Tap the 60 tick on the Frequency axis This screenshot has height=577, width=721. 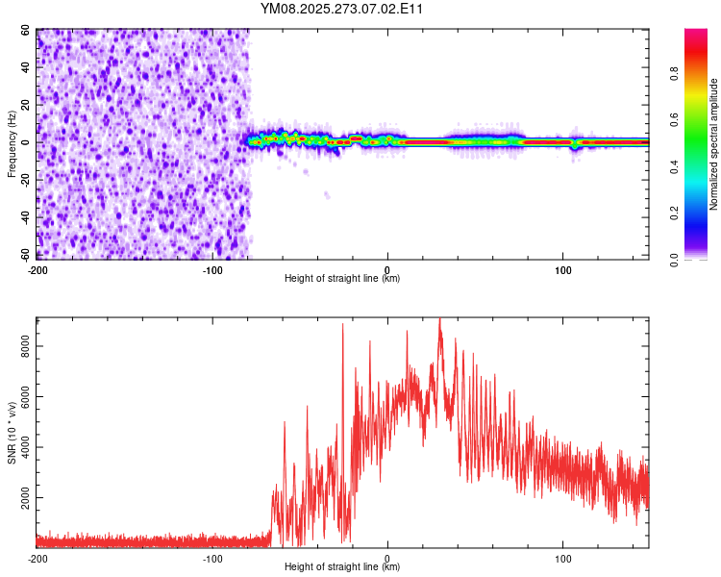point(27,31)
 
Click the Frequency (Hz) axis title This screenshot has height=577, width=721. point(12,144)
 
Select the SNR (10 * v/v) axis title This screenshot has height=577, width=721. point(12,433)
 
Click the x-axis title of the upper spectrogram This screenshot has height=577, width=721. point(342,278)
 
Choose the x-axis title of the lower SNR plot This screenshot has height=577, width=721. point(342,566)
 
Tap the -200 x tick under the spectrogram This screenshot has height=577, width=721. point(37,268)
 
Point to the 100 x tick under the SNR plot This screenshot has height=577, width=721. point(562,558)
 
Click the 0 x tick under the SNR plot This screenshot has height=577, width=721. point(387,558)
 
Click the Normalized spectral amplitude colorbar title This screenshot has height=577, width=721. point(714,144)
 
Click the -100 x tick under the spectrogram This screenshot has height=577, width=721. point(212,268)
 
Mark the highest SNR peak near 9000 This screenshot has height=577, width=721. point(439,319)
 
